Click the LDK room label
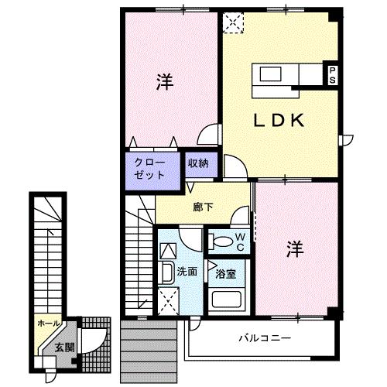click(x=279, y=121)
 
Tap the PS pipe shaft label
click(x=333, y=75)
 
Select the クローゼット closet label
click(x=149, y=169)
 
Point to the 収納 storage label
click(x=198, y=163)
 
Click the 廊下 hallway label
click(x=204, y=207)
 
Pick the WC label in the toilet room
click(x=240, y=241)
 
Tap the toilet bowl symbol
click(x=221, y=241)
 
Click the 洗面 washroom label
click(x=187, y=272)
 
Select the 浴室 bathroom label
click(x=226, y=274)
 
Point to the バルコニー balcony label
click(x=265, y=337)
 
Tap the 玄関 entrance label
click(x=64, y=348)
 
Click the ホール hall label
click(x=49, y=324)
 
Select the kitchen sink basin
click(x=270, y=74)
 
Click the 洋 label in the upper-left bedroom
click(x=165, y=82)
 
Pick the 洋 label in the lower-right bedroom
click(x=295, y=249)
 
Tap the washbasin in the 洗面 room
click(x=166, y=273)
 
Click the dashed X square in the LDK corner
click(x=233, y=22)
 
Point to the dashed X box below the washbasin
click(x=168, y=301)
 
